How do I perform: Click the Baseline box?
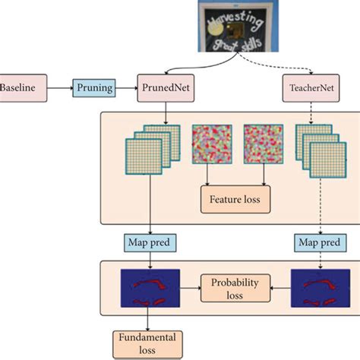coord(22,87)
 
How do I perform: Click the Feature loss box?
coord(235,202)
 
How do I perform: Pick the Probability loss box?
coord(235,287)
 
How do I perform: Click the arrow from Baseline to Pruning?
coord(59,87)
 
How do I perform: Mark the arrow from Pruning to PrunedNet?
coord(126,87)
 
